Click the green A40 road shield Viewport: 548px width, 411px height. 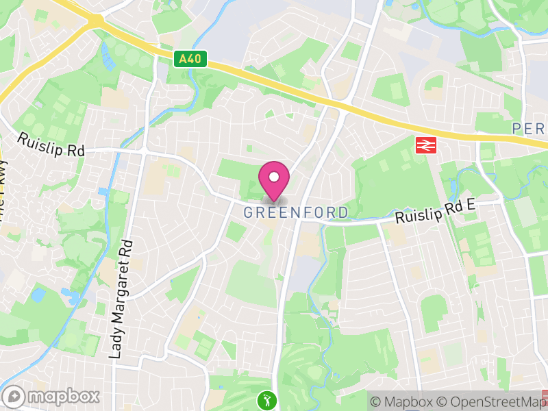[187, 59]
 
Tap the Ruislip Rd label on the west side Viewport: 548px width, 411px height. [50, 144]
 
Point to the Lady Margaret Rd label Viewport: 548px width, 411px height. [121, 299]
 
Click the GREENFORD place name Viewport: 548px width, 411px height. [296, 212]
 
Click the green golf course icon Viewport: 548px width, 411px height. [266, 399]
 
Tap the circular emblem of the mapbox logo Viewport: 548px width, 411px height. [14, 396]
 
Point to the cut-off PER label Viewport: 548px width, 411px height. [529, 129]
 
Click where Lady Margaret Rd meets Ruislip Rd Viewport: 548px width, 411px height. [142, 151]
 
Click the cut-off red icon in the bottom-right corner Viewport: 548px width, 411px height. [545, 396]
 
